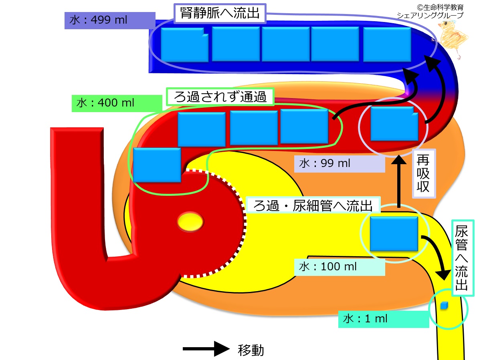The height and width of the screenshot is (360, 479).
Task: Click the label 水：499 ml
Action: pos(98,20)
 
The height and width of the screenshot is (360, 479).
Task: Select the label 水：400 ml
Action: pos(105,103)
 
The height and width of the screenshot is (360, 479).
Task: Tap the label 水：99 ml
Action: pos(324,163)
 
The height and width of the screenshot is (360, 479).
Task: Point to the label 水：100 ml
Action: pos(327,267)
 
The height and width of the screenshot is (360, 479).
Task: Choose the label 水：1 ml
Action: pos(365,319)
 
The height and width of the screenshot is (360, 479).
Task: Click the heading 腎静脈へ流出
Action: pos(220,14)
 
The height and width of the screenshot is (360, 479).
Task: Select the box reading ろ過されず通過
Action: pos(220,97)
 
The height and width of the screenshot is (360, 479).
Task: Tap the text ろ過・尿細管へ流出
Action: pos(313,205)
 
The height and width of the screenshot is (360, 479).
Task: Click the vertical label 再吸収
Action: pos(423,173)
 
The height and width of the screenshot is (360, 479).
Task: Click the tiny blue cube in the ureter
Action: pos(444,306)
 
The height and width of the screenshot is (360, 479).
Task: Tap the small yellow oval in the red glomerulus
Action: pos(190,221)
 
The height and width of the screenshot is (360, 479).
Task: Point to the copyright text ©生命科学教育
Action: pos(440,7)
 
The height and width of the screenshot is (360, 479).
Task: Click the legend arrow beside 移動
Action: pos(206,349)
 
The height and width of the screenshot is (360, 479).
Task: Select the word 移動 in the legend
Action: pos(251,350)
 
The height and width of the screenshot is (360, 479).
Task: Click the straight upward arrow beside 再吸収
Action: pos(399,181)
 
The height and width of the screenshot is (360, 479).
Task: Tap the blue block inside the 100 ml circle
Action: pos(394,234)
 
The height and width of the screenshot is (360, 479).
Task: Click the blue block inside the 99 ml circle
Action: pos(394,124)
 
